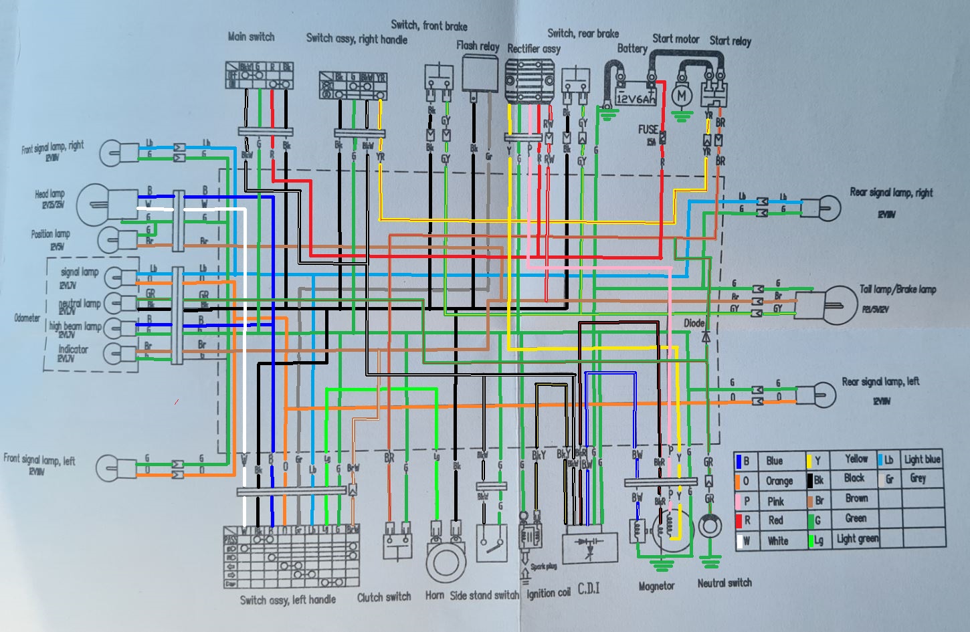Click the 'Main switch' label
(x=251, y=37)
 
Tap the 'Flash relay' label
(x=478, y=45)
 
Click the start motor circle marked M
(x=682, y=96)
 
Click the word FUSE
(x=648, y=129)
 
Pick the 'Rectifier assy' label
(x=533, y=48)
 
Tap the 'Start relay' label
(x=730, y=41)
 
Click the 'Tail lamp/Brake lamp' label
(x=898, y=289)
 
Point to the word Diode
(x=694, y=322)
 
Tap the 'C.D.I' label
(x=589, y=589)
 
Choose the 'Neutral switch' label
(x=724, y=583)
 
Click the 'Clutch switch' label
(x=384, y=597)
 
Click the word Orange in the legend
(x=779, y=480)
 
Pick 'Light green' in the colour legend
(x=858, y=538)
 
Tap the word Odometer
(x=27, y=318)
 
